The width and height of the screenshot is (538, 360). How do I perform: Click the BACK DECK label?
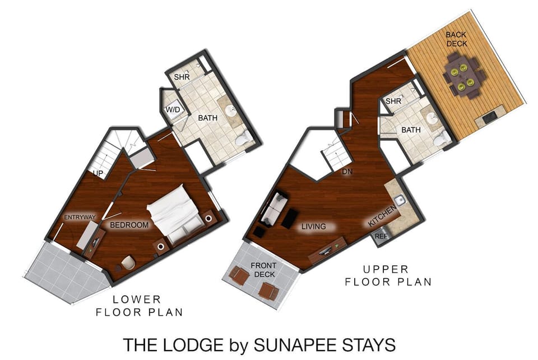point(456,39)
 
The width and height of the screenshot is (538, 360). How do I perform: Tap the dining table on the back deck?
point(461,76)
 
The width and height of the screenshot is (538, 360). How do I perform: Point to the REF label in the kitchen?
point(381,237)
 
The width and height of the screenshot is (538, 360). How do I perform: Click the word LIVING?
point(314,227)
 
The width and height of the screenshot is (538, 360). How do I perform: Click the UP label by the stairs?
point(99,173)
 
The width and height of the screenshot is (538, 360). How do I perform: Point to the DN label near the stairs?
point(347,172)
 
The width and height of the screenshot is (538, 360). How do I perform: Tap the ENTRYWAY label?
point(80,218)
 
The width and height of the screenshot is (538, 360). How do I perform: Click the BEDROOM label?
point(129,225)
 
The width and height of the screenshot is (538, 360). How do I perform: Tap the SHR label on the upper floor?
point(393,101)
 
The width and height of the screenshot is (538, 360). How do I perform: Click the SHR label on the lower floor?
point(181,77)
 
